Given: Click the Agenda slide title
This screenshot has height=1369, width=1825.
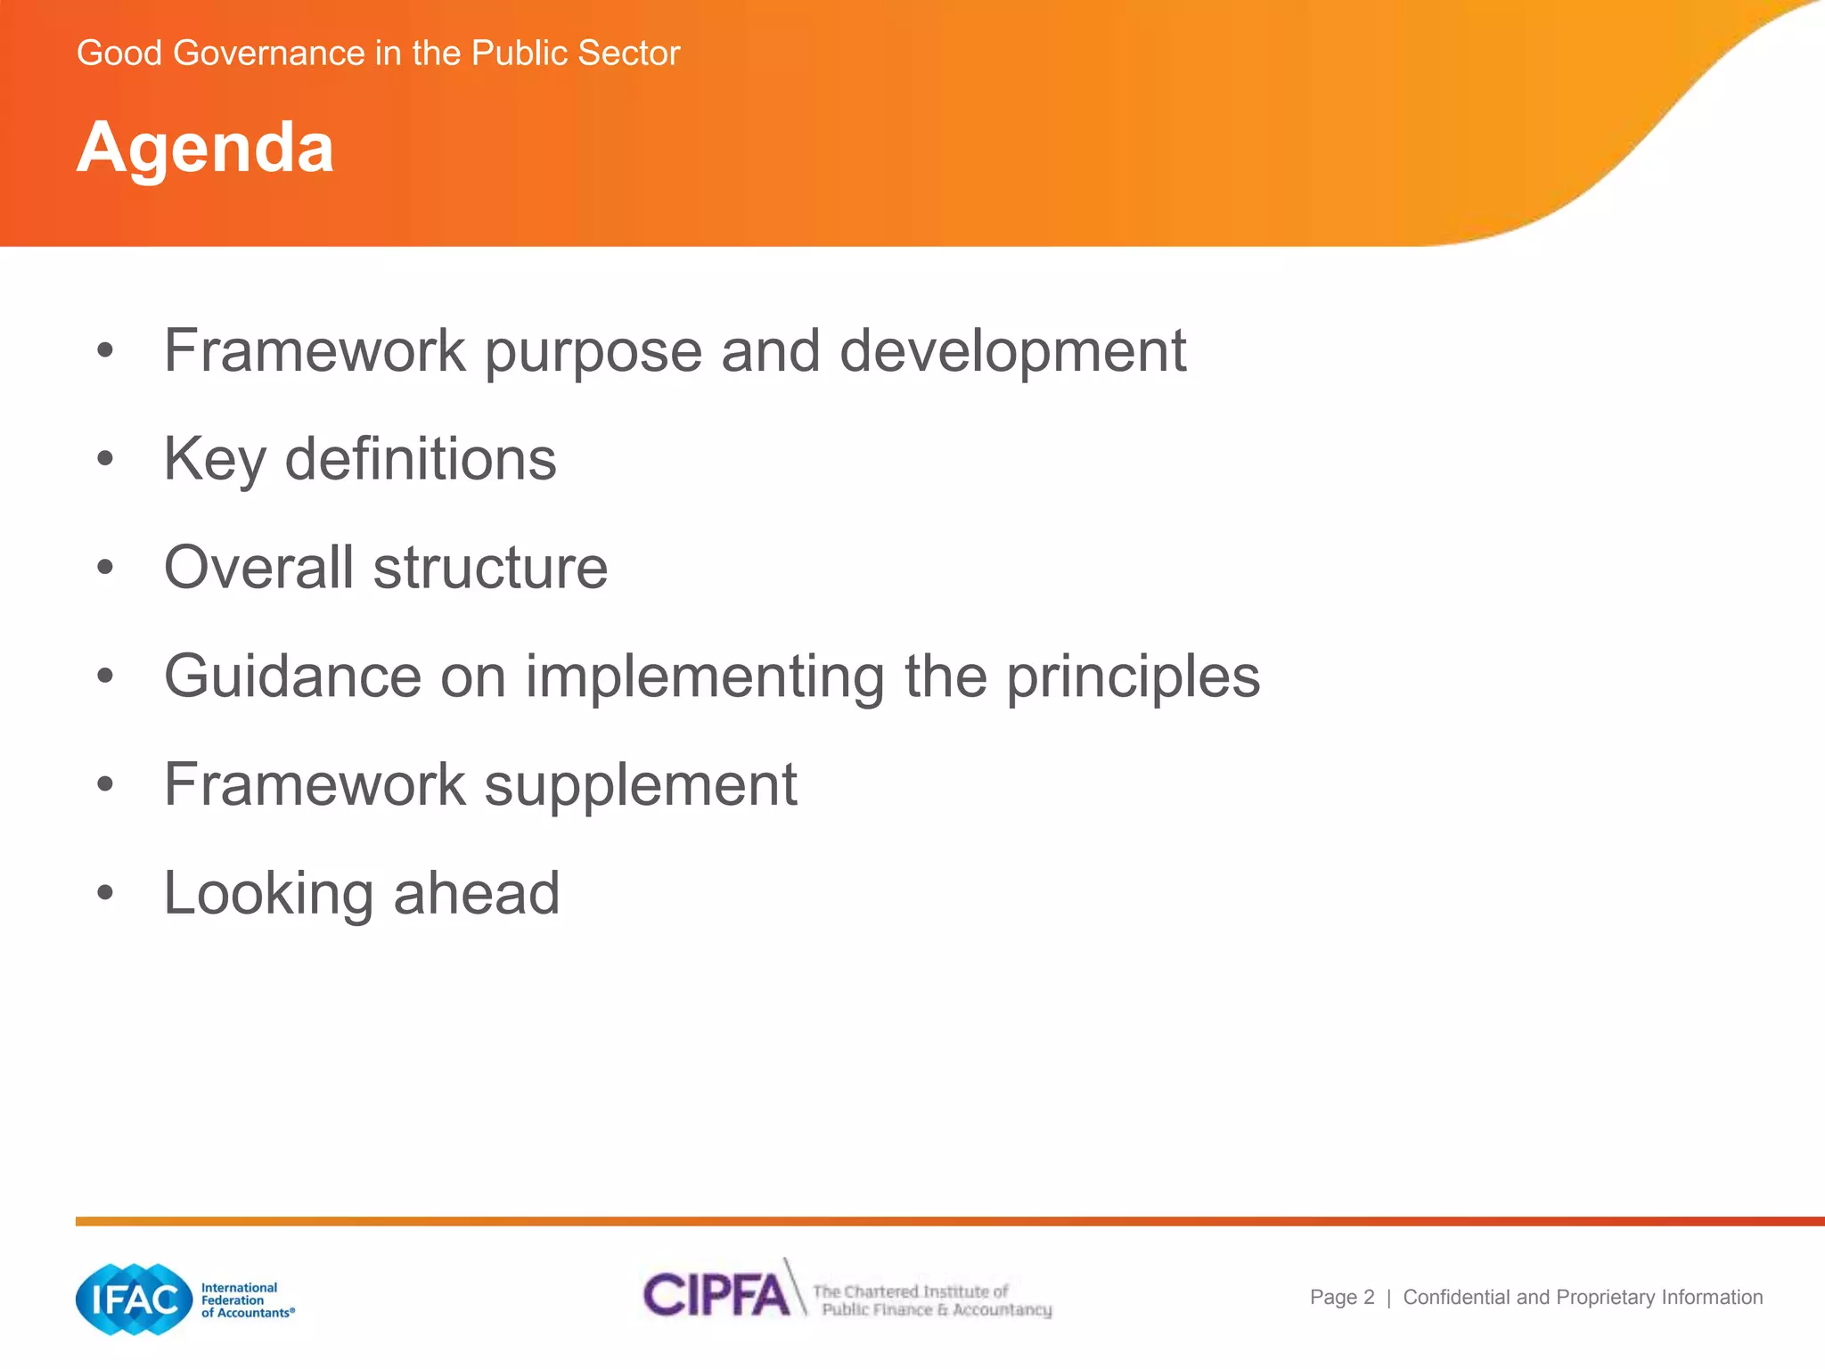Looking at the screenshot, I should (205, 147).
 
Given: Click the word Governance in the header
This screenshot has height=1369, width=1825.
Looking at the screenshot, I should (269, 53).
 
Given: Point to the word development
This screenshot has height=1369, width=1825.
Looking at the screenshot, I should (1012, 350).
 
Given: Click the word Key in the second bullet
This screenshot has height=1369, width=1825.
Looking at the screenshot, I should (215, 460).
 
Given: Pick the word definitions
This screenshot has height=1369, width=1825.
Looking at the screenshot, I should (421, 459).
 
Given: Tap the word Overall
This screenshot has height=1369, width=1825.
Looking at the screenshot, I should (258, 568).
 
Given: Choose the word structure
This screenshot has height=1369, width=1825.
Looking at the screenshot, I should (490, 569).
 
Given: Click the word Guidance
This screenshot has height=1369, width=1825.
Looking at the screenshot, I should (292, 676).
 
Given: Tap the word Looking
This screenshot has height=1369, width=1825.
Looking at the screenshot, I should (268, 894).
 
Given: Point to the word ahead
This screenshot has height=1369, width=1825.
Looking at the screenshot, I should (476, 893).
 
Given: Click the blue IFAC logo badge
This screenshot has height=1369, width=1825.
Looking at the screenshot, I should (135, 1299).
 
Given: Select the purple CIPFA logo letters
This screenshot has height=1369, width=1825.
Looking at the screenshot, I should (716, 1295).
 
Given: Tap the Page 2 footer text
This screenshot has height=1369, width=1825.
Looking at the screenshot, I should (1342, 1298).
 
